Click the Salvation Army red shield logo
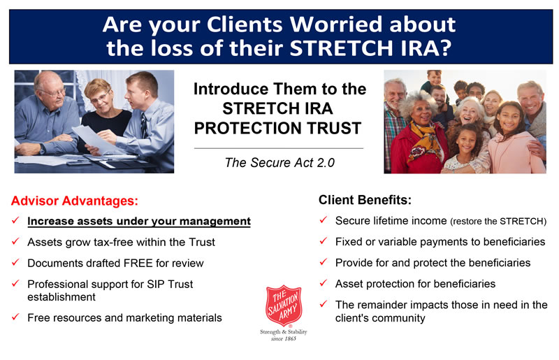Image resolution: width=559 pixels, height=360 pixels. (x=284, y=305)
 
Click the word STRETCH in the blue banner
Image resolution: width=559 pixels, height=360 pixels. (x=342, y=48)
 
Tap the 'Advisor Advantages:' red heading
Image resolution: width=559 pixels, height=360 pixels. (x=75, y=201)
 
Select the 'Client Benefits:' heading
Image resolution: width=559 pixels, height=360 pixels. (x=365, y=200)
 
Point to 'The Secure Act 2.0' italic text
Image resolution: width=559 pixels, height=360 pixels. (x=279, y=163)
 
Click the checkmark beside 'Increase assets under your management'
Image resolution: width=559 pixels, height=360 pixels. (x=15, y=220)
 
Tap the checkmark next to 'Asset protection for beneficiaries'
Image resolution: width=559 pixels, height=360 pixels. (x=323, y=283)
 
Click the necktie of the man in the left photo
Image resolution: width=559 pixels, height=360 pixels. (x=144, y=124)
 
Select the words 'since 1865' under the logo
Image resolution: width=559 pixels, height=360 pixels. (x=284, y=338)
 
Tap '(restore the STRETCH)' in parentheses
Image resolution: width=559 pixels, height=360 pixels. (x=498, y=221)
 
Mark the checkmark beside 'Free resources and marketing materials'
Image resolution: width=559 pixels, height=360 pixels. (x=15, y=317)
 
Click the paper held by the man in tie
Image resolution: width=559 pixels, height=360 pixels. (x=94, y=138)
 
